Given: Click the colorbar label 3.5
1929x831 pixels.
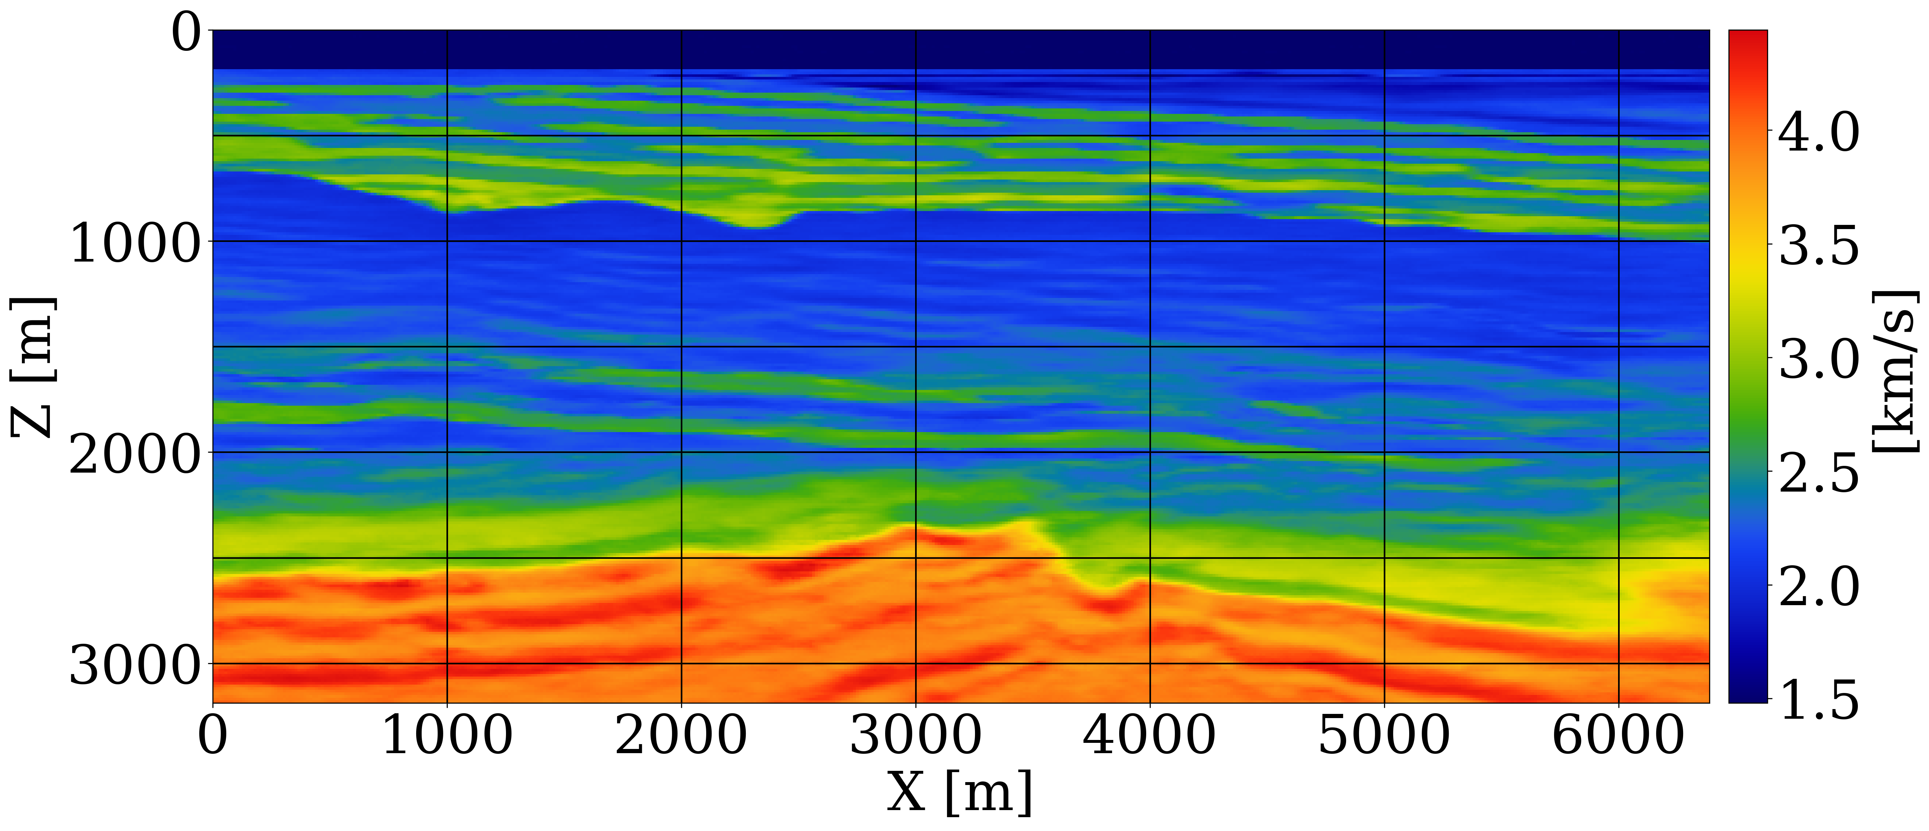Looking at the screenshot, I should click(1818, 246).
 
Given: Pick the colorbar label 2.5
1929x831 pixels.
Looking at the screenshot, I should click(1818, 473).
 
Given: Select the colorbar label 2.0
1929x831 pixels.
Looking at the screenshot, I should click(1818, 587).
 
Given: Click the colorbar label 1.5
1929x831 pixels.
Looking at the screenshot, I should click(1818, 701).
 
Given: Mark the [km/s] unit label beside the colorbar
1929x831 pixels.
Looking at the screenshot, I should click(1895, 371).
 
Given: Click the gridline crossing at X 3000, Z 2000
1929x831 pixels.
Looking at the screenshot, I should click(915, 452).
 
